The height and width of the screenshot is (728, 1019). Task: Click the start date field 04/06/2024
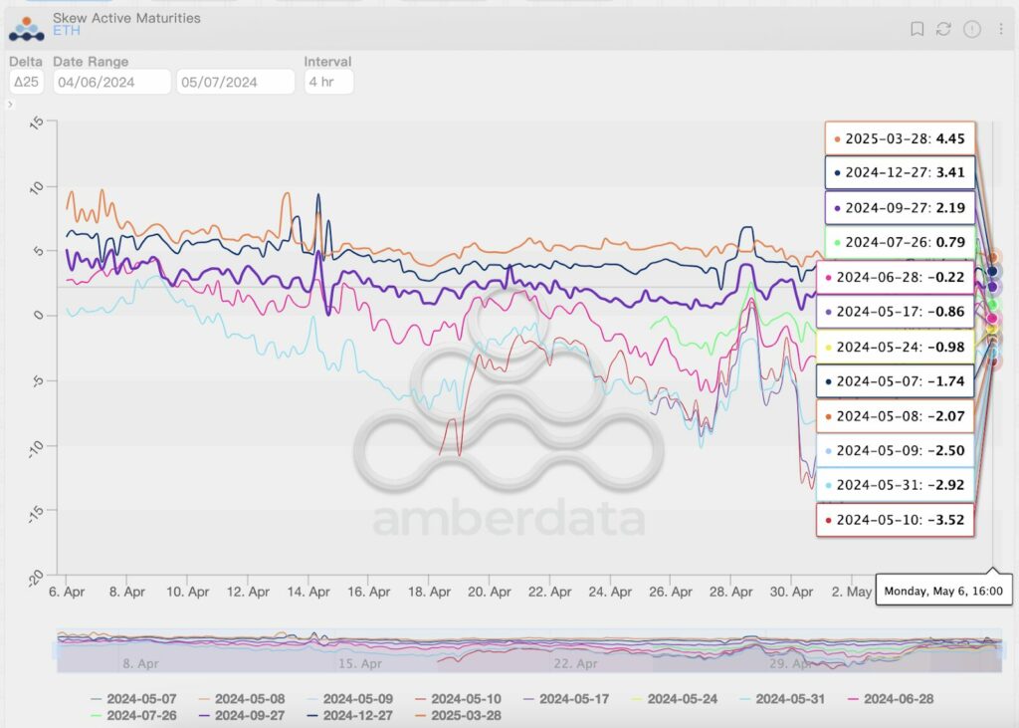pyautogui.click(x=111, y=82)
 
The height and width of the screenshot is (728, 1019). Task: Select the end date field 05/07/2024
pyautogui.click(x=235, y=82)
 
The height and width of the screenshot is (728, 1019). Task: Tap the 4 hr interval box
pyautogui.click(x=328, y=82)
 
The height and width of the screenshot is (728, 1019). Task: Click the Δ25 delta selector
pyautogui.click(x=26, y=82)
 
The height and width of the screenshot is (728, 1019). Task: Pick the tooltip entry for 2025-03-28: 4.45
pyautogui.click(x=900, y=139)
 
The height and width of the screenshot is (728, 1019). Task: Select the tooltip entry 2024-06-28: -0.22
pyautogui.click(x=900, y=277)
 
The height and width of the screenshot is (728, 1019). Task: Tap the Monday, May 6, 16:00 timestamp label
pyautogui.click(x=943, y=592)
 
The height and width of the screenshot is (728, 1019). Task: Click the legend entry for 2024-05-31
pyautogui.click(x=781, y=699)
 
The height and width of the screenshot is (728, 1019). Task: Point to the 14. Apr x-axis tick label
pyautogui.click(x=308, y=592)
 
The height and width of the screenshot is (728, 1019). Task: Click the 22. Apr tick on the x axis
pyautogui.click(x=550, y=592)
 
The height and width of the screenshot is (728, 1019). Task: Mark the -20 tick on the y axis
pyautogui.click(x=37, y=577)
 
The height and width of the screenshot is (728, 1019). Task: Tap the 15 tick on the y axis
pyautogui.click(x=38, y=122)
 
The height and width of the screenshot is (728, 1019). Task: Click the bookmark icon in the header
pyautogui.click(x=917, y=29)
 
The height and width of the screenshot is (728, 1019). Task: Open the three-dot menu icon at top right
pyautogui.click(x=1000, y=29)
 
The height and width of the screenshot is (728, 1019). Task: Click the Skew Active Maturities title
pyautogui.click(x=126, y=18)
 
